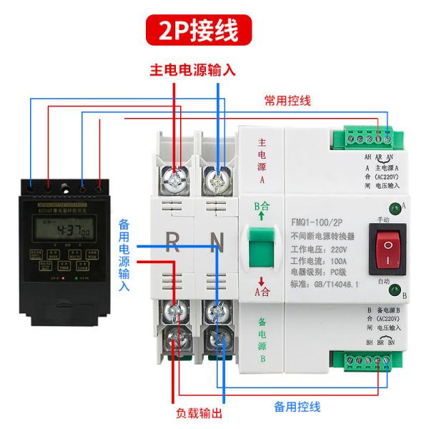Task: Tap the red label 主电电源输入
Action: click(x=192, y=71)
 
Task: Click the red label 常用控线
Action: click(x=287, y=101)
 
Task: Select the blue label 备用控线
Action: click(x=297, y=407)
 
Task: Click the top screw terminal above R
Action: click(x=172, y=178)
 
